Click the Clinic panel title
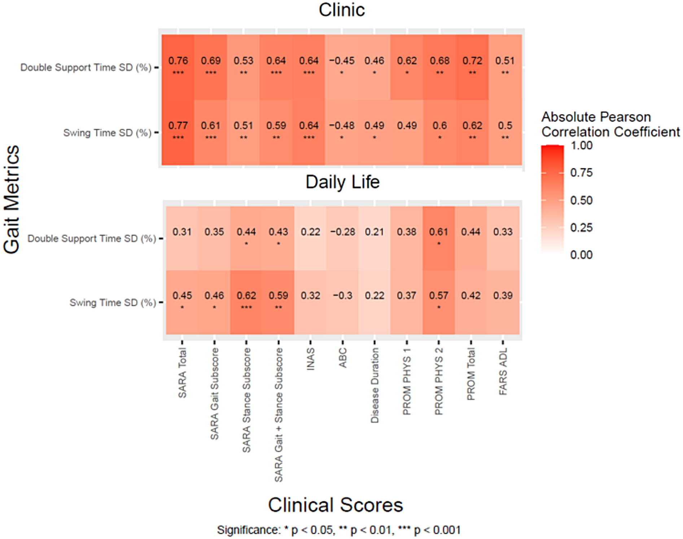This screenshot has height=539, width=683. click(341, 10)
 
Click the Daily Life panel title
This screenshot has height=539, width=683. click(342, 182)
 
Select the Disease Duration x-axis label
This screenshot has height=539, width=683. click(375, 385)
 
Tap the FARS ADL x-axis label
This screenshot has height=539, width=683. click(503, 371)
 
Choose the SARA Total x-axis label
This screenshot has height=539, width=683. click(182, 373)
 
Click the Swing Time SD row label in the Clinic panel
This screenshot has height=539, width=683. click(107, 133)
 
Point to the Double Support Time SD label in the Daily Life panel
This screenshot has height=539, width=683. click(92, 238)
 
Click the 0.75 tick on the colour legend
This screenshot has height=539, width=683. click(581, 173)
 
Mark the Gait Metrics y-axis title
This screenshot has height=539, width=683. click(12, 199)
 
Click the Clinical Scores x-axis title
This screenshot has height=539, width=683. click(335, 505)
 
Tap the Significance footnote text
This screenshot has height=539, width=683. click(339, 530)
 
